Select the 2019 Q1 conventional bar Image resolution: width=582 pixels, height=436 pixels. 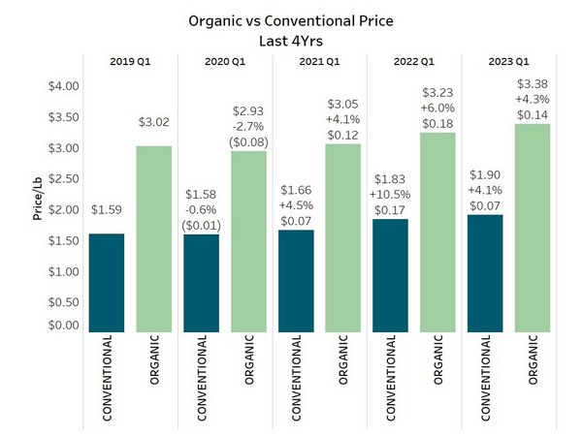click(107, 281)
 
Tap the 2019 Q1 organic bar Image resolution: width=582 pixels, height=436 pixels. click(154, 237)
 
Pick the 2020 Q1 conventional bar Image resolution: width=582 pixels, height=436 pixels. click(202, 281)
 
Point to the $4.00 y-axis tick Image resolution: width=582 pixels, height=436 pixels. click(64, 86)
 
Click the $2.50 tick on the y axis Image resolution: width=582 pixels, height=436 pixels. click(64, 178)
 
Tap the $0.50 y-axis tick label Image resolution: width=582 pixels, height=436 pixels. click(64, 302)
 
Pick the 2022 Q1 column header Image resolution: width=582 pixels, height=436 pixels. click(415, 63)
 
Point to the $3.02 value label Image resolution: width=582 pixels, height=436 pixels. click(154, 125)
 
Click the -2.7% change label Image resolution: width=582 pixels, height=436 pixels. click(249, 125)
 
